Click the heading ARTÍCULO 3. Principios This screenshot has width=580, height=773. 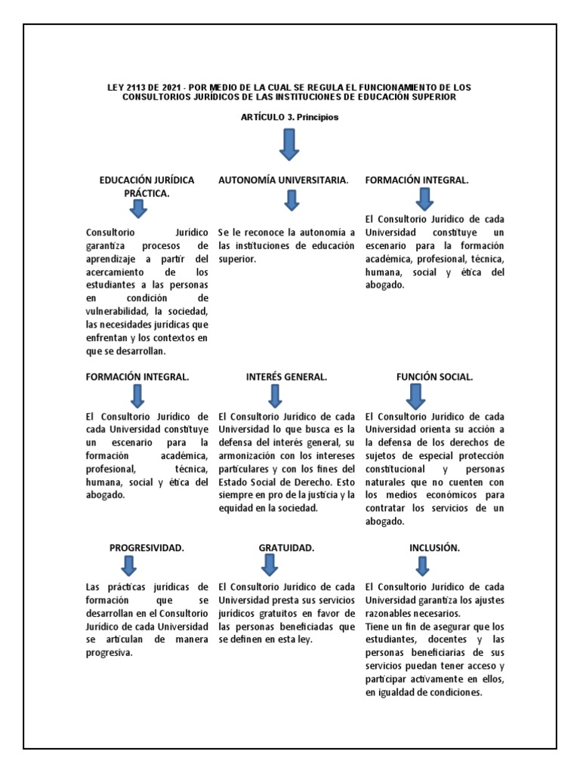click(x=290, y=118)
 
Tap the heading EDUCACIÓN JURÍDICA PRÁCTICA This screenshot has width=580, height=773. click(x=147, y=186)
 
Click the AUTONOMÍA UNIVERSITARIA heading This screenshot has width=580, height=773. click(x=283, y=180)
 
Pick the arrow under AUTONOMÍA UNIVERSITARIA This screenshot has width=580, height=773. click(x=292, y=200)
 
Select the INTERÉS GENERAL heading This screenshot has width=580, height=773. click(x=286, y=377)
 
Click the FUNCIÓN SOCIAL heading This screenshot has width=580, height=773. click(x=434, y=377)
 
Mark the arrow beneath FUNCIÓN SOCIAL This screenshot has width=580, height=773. click(x=416, y=396)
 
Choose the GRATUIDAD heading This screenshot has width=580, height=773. click(x=286, y=547)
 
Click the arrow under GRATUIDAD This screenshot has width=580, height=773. click(x=270, y=565)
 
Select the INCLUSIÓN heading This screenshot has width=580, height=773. click(x=434, y=547)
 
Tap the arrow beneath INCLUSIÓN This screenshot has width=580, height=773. click(x=422, y=565)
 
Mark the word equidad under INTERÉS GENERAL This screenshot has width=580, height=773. click(x=238, y=508)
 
